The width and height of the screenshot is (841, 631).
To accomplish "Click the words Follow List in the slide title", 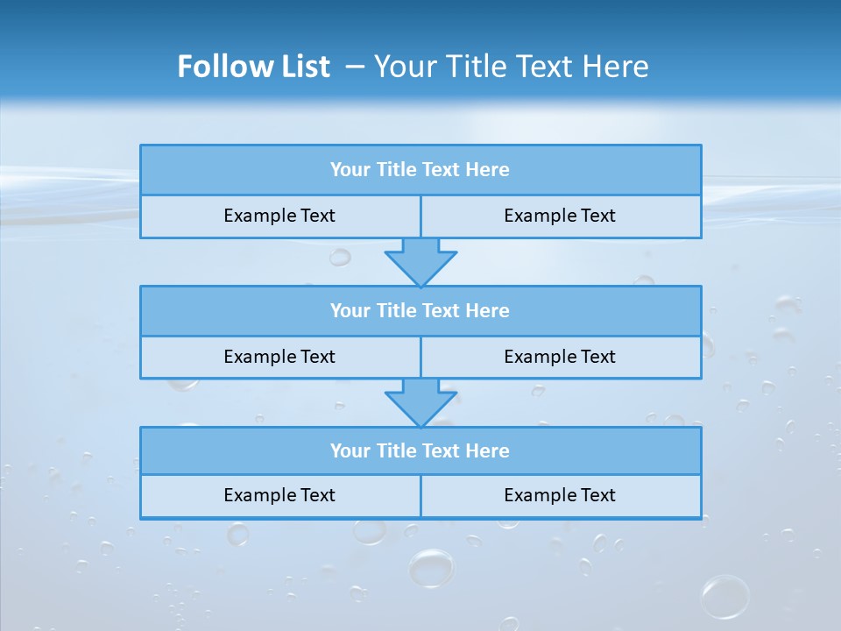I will (x=254, y=67).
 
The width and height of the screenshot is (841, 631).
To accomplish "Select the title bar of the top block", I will (x=420, y=170).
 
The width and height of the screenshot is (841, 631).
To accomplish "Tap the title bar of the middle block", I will (x=420, y=310).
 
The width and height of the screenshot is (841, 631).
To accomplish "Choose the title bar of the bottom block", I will (x=420, y=450).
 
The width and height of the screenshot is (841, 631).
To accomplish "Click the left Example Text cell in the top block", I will (x=279, y=216).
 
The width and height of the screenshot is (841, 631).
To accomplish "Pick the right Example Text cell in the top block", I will (x=560, y=216).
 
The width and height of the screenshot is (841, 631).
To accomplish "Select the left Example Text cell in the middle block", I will (x=279, y=357).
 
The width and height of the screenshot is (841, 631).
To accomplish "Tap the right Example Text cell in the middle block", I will (x=560, y=357).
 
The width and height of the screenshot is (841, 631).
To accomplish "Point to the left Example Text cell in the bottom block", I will (x=279, y=495).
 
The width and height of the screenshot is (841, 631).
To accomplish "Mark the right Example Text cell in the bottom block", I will (x=560, y=495).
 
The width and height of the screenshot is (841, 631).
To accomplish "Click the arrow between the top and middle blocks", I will (x=420, y=262).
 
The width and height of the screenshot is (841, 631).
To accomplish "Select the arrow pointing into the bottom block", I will (x=420, y=402).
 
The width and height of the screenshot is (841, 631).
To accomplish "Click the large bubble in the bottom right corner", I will (x=725, y=597).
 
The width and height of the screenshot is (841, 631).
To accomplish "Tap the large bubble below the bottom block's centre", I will (x=432, y=568).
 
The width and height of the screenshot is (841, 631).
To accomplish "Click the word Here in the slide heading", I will (x=618, y=67).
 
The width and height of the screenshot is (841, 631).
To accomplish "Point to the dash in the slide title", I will (x=355, y=67).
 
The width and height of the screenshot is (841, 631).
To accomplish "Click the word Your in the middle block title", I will (x=350, y=310).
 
